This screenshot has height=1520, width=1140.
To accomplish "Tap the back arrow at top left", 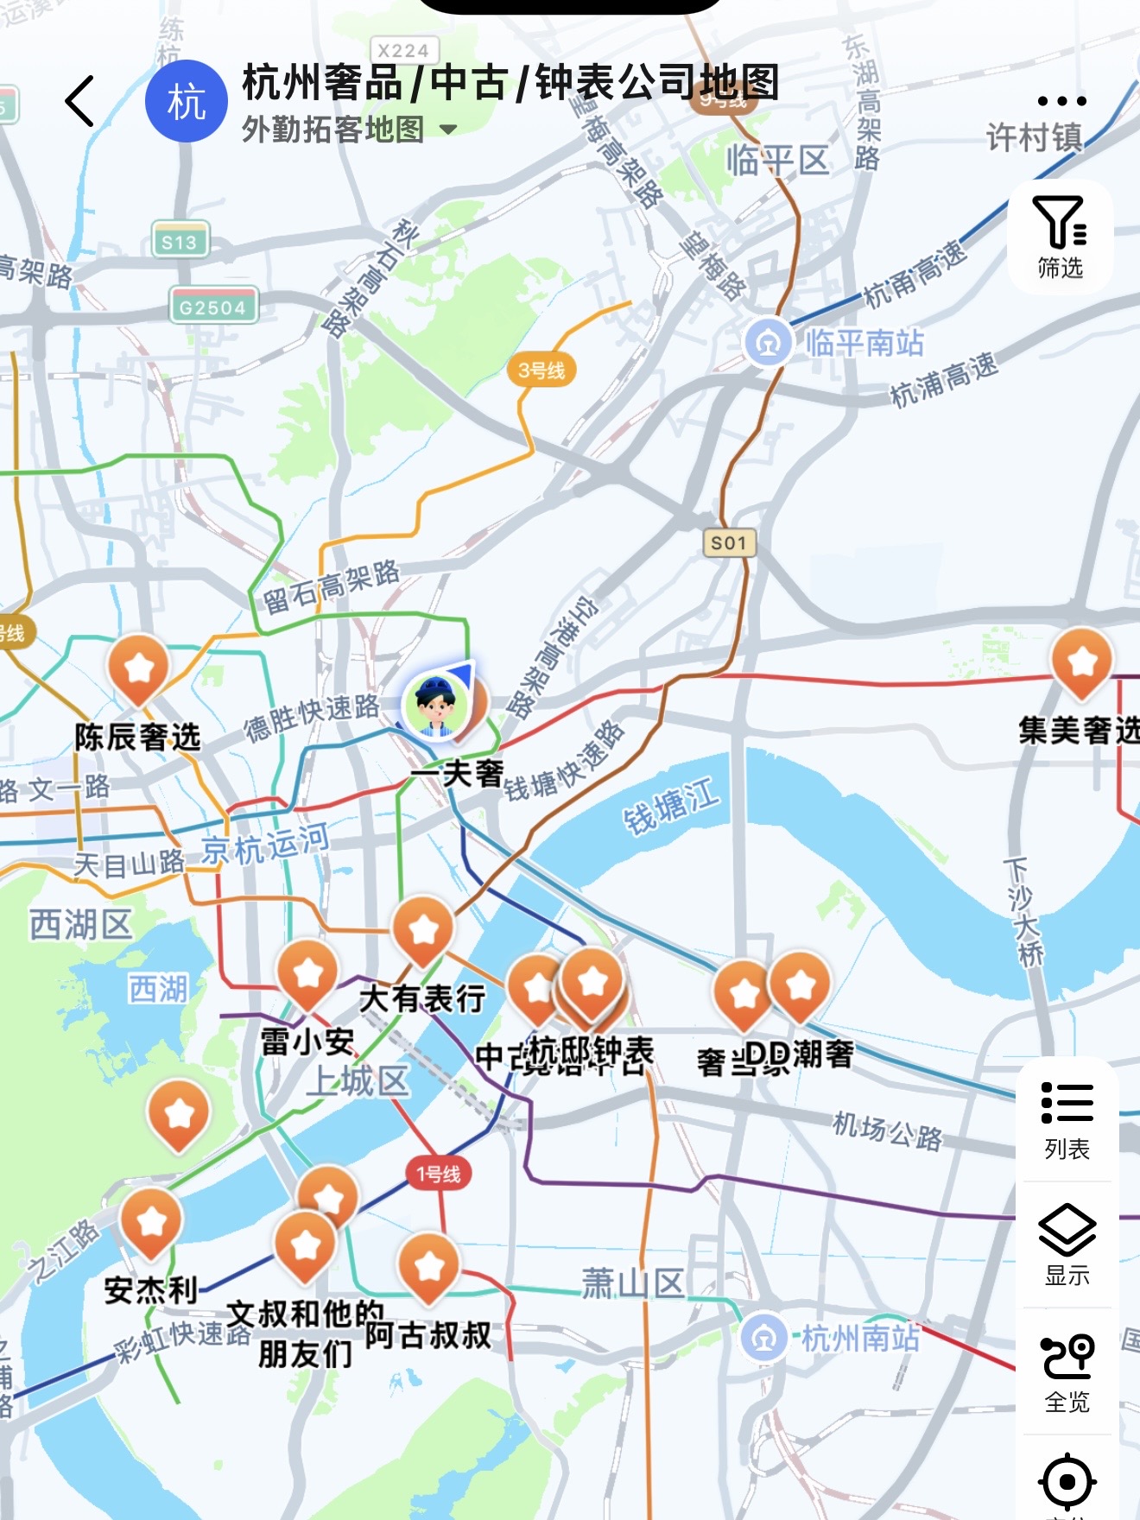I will point(80,101).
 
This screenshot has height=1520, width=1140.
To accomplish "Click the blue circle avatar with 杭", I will point(186,101).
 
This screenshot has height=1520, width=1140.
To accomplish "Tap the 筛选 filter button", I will point(1060,237).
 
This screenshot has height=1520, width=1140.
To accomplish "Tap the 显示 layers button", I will point(1067,1244).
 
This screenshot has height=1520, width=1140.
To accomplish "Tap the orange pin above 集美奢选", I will point(1081,663).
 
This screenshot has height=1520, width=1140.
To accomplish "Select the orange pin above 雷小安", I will point(307,974).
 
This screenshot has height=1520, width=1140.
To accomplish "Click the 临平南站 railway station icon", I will point(767,343).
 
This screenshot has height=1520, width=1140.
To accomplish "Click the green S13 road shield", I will point(180,242).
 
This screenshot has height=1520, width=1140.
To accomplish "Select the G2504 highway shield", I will point(212,307).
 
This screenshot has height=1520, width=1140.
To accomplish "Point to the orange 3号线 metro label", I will point(541,370).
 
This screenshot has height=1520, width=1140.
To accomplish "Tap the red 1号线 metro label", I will point(439,1174).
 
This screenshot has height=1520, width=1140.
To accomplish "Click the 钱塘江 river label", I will point(671,807).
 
